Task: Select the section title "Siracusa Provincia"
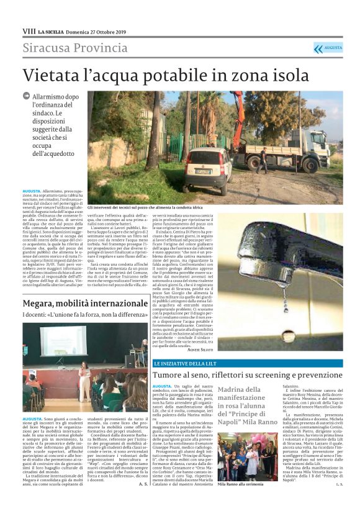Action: click(75, 48)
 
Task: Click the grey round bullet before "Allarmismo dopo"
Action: click(27, 96)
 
